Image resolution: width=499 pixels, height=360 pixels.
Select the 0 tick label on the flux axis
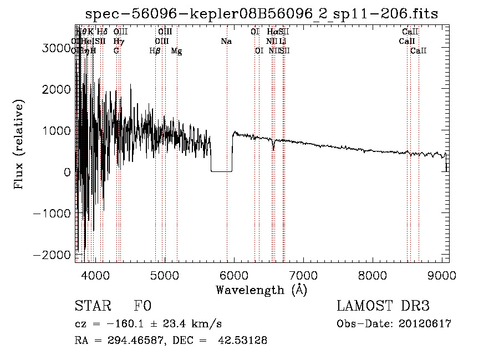point(67,172)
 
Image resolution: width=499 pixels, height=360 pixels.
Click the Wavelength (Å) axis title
point(261,290)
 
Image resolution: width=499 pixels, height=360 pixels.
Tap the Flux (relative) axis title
point(20,145)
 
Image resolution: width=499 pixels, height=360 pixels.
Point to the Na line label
point(226,41)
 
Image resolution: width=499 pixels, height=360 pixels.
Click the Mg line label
point(176,51)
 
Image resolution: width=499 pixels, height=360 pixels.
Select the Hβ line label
point(155,51)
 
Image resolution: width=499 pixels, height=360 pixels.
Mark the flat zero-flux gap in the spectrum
point(221,171)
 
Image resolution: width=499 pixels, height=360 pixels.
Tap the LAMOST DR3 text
point(383,306)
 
